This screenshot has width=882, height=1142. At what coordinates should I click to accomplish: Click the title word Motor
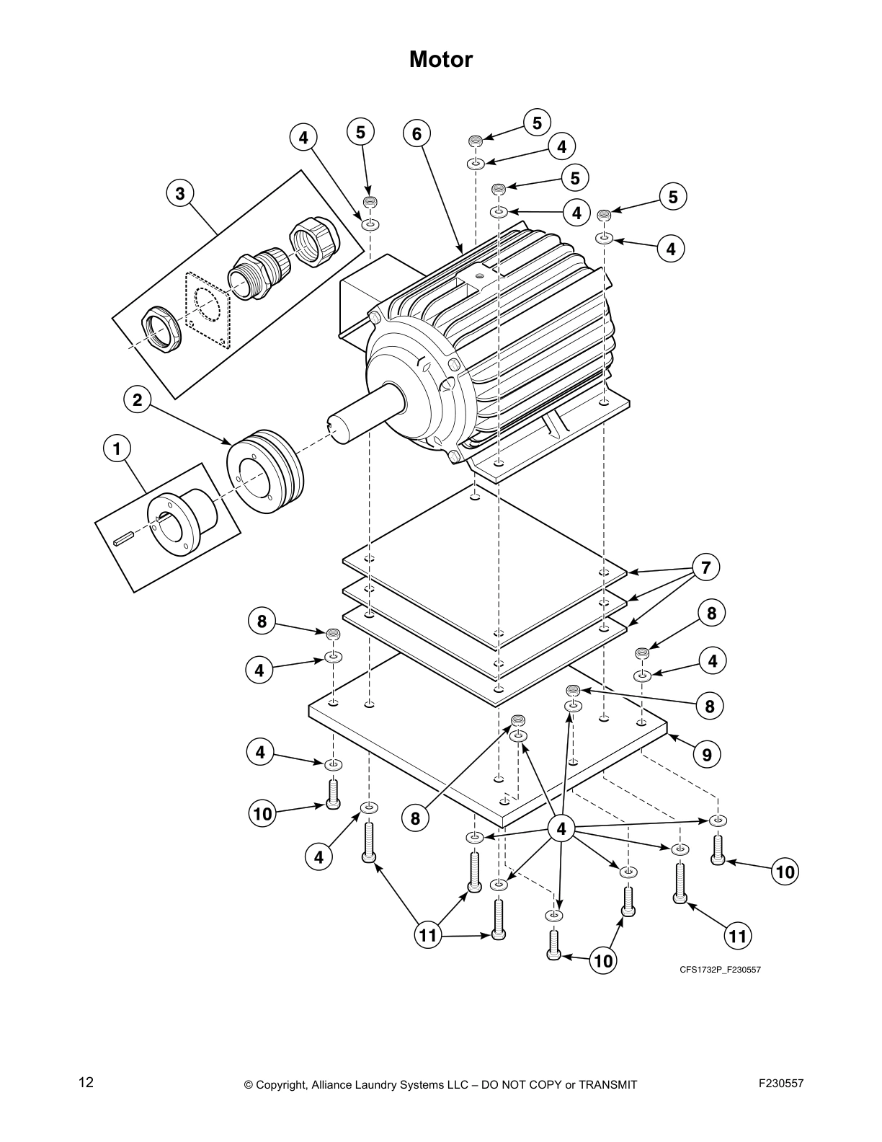(441, 59)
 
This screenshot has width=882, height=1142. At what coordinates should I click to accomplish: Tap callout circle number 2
(138, 399)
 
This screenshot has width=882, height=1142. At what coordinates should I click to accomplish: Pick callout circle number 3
(180, 193)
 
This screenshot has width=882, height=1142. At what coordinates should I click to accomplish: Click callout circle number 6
(416, 133)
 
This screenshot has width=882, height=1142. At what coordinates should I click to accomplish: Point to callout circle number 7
(706, 567)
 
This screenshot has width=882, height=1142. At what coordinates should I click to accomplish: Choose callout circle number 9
(706, 754)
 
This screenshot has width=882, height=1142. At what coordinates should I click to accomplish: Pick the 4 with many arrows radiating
(562, 829)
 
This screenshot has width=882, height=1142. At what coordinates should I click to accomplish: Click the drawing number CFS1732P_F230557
(720, 970)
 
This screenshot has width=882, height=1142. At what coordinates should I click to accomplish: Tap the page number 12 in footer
(86, 1082)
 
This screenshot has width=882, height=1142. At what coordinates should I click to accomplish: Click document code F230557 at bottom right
(781, 1083)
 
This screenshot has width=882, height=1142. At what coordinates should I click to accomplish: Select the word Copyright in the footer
(282, 1084)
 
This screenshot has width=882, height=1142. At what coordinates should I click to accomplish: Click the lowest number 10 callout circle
(604, 960)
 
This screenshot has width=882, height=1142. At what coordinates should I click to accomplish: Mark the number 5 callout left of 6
(360, 132)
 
